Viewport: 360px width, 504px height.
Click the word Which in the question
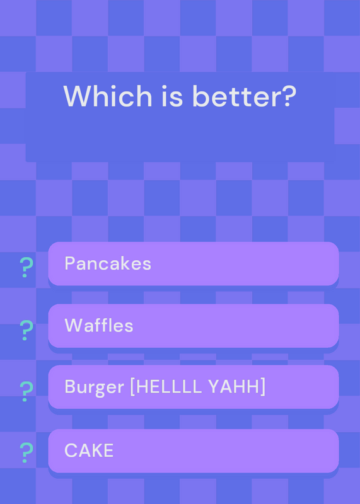107,96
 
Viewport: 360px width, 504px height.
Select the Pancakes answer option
194,263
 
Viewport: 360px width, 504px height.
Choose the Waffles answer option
194,326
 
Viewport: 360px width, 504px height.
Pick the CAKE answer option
194,450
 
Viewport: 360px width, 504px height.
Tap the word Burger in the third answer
95,387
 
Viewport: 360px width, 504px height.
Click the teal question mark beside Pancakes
26,267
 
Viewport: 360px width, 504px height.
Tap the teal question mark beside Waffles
26,330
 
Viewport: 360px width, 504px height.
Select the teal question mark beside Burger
26,391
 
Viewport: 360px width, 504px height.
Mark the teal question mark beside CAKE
26,452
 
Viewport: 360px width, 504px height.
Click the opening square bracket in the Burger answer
132,387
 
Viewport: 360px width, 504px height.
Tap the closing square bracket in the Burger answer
263,387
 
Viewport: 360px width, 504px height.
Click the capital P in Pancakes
70,263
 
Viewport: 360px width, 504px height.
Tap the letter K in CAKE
98,450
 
